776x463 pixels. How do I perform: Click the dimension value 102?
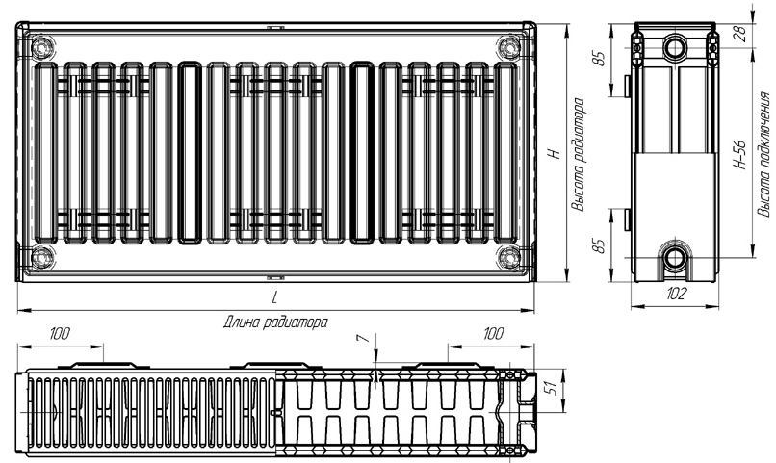676,294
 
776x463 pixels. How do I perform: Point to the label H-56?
739,155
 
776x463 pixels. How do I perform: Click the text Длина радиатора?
275,322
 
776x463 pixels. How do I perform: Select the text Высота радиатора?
578,155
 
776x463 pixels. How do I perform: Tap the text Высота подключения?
763,154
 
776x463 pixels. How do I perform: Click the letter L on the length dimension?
275,297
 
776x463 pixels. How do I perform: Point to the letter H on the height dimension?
556,153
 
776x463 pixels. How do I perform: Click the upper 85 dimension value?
600,58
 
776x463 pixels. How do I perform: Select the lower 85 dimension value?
600,245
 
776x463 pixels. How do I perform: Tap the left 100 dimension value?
60,334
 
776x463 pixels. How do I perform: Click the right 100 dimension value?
492,334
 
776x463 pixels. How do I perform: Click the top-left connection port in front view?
41,47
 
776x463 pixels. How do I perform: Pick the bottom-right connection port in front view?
508,258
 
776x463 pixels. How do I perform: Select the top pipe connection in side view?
674,48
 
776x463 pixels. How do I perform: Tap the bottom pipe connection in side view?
674,257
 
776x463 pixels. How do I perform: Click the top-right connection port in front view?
508,47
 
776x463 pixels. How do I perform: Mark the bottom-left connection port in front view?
41,258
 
